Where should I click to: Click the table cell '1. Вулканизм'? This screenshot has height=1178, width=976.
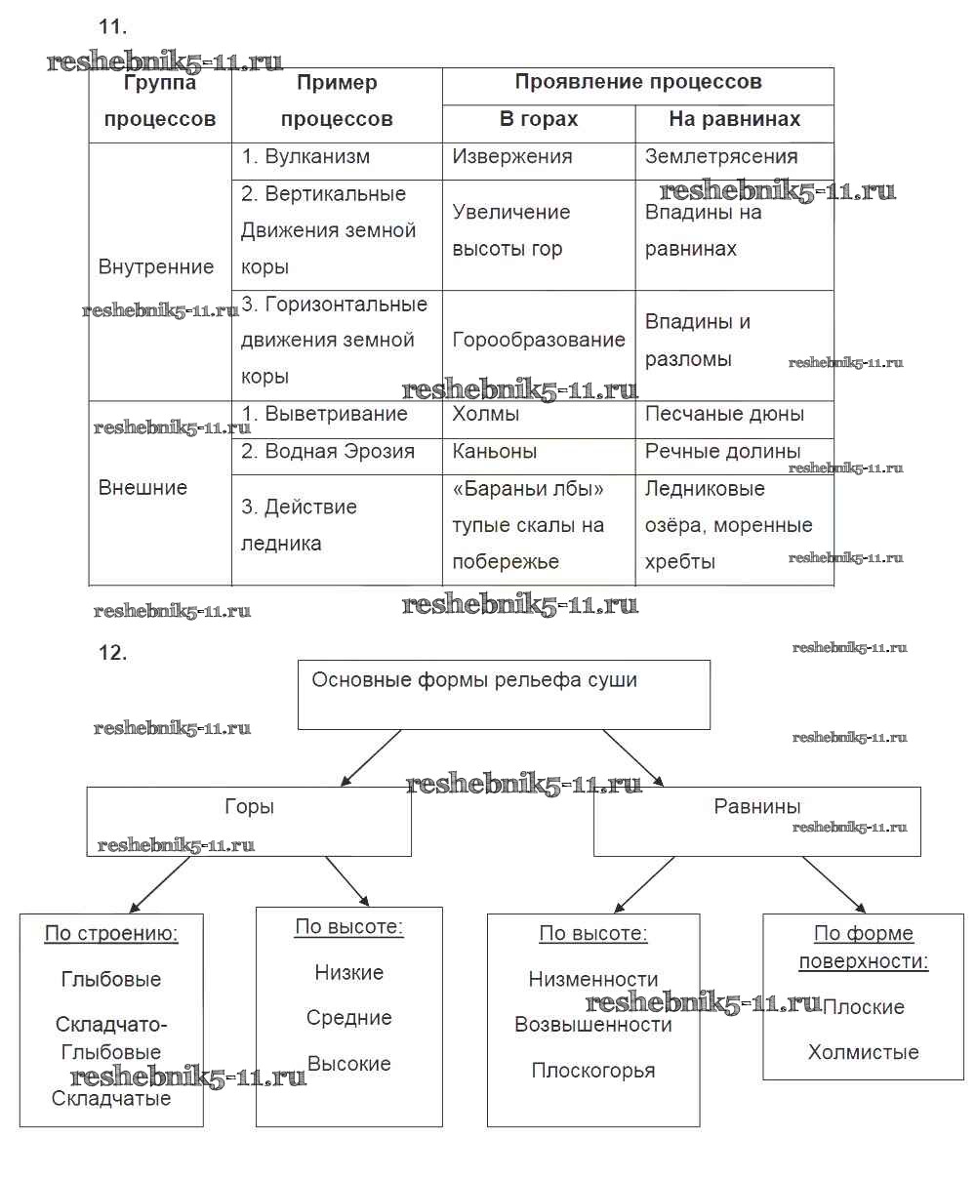305,157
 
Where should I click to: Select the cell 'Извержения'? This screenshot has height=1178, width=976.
512,157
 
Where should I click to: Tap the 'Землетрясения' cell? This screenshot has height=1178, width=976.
721,157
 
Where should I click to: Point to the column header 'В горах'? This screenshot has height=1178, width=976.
539,120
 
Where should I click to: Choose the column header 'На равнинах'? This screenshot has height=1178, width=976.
734,120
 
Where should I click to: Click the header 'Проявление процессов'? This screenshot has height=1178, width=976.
638,83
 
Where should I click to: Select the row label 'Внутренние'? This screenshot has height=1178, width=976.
156,267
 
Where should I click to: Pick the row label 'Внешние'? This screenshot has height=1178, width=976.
142,488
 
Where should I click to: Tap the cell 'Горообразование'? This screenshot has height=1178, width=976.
539,341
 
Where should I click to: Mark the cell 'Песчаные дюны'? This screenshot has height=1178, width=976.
724,415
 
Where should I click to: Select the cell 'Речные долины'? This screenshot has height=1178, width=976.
722,452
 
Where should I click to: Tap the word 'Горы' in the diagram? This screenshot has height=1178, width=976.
249,807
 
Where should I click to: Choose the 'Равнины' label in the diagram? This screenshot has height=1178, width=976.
757,807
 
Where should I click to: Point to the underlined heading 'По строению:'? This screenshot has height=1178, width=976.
111,934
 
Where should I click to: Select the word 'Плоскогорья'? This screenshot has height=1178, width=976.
593,1071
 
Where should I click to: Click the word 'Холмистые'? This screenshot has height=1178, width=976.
863,1053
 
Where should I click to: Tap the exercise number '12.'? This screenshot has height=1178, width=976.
113,654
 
